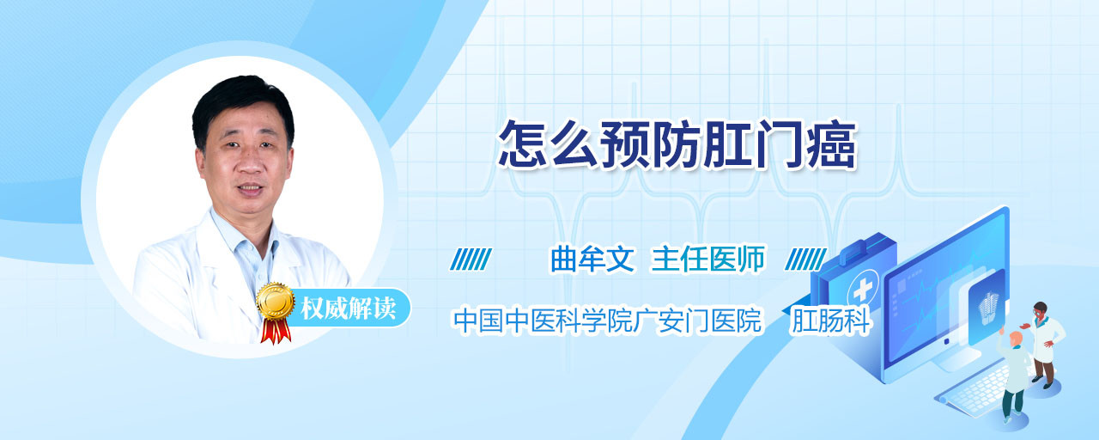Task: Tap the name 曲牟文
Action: [x=592, y=259]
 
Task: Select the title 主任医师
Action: [x=708, y=259]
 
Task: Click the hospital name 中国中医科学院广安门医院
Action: [x=607, y=321]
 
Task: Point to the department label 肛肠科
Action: [x=830, y=321]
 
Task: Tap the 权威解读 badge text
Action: [x=349, y=309]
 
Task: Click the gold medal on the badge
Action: [x=276, y=301]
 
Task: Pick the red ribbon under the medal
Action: [x=276, y=331]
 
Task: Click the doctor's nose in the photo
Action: [x=250, y=163]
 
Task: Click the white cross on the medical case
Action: [x=863, y=290]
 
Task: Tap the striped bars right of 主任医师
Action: [x=805, y=260]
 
